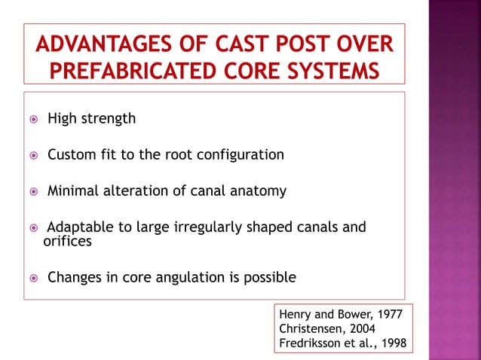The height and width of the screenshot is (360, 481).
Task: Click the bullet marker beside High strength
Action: pyautogui.click(x=33, y=119)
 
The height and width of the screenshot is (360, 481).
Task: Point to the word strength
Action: pyautogui.click(x=109, y=118)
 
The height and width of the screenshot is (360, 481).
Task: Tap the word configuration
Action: pyautogui.click(x=240, y=155)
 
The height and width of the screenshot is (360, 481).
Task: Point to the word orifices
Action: pyautogui.click(x=68, y=241)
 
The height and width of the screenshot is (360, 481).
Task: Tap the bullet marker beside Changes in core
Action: pyautogui.click(x=33, y=278)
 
